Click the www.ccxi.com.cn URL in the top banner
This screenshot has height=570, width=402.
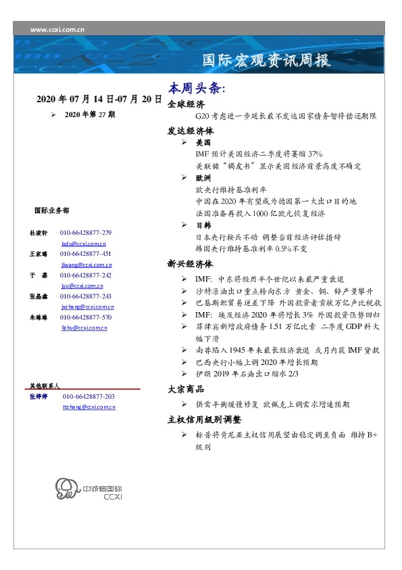57,30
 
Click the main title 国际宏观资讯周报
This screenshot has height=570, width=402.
267,62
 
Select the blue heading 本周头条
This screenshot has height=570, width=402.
197,89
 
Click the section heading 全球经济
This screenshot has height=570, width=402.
186,105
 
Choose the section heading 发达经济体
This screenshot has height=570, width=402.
191,131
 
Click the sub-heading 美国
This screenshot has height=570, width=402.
203,144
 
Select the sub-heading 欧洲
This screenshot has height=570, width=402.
203,177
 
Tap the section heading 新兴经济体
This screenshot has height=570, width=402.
191,263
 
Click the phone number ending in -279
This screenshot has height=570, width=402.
86,232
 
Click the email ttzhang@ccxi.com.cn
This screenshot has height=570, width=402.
89,407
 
